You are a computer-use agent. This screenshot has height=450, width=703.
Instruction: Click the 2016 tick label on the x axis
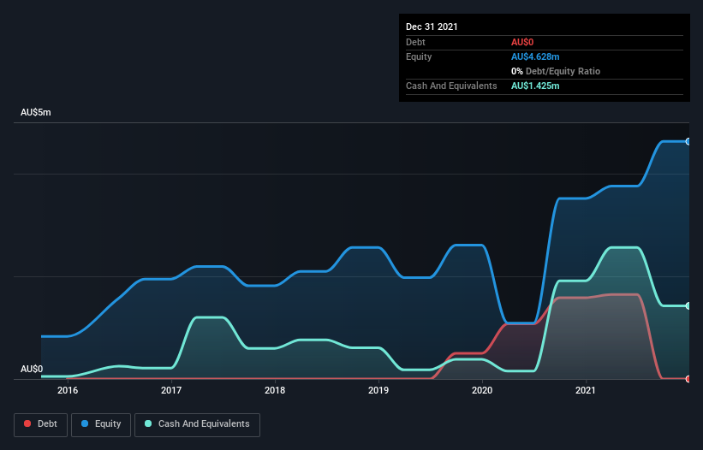click(x=68, y=390)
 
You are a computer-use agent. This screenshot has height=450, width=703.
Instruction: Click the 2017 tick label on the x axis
click(x=171, y=390)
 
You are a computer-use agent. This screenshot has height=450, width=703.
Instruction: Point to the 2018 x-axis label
click(x=275, y=390)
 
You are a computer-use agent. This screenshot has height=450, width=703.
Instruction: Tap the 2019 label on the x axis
click(x=378, y=390)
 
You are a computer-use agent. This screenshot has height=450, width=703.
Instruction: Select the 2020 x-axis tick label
click(x=482, y=390)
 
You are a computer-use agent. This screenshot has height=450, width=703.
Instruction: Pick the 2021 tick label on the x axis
click(x=586, y=390)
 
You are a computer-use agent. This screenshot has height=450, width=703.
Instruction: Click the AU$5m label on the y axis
click(x=37, y=113)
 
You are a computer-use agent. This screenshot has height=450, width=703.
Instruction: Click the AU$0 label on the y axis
click(x=32, y=369)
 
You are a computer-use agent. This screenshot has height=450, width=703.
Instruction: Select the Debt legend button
click(x=40, y=423)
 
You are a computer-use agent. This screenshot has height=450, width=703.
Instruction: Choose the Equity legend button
click(x=100, y=423)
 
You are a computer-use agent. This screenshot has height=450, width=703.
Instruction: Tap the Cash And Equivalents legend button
click(x=196, y=423)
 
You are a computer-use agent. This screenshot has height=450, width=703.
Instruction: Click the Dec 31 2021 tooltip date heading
click(x=432, y=27)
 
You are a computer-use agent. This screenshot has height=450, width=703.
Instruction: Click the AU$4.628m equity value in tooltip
click(x=536, y=56)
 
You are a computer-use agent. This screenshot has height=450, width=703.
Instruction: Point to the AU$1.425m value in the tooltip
click(x=536, y=86)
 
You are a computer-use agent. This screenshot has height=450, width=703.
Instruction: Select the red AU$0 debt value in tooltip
click(x=523, y=42)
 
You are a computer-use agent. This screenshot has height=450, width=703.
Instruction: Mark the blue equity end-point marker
click(x=688, y=141)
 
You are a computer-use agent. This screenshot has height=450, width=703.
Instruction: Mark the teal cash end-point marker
click(x=688, y=305)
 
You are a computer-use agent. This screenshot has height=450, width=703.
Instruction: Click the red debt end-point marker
click(x=688, y=378)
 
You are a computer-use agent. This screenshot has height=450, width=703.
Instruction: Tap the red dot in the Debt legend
click(x=28, y=423)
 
